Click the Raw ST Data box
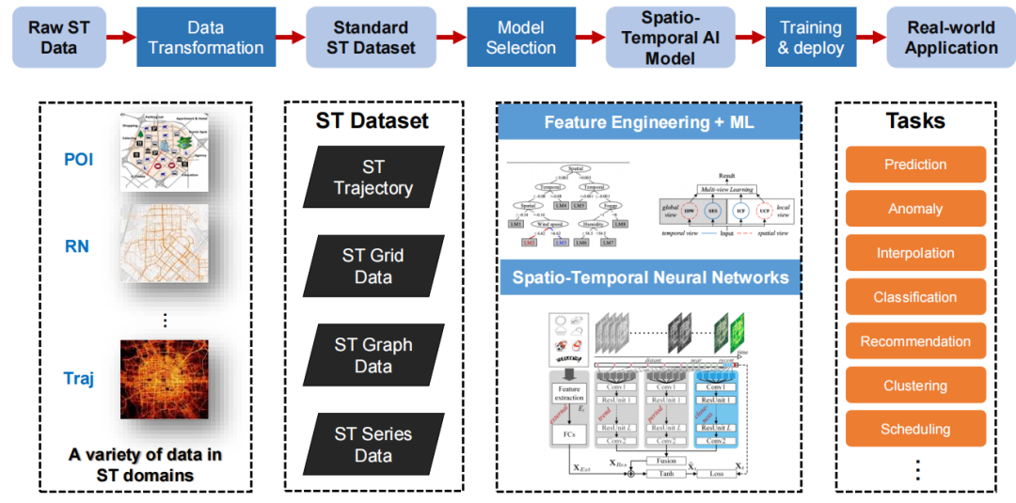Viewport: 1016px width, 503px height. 58,38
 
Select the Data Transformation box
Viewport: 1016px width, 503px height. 206,38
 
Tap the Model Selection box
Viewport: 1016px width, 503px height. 520,38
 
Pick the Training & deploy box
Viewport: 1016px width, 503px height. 811,38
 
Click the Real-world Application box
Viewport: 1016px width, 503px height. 950,38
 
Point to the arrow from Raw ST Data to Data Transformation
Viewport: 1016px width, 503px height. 120,38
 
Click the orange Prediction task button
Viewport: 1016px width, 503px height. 915,165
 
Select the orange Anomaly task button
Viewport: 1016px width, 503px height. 915,209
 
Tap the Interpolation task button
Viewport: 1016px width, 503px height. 915,253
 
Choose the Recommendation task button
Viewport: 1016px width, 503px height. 915,341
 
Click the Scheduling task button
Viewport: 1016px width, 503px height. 915,430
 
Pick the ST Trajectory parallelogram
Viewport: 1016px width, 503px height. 373,178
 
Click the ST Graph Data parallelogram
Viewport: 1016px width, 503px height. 373,355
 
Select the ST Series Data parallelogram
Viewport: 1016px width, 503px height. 373,445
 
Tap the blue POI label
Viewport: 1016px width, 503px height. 79,159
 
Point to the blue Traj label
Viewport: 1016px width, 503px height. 79,379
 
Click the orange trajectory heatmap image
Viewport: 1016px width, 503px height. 164,379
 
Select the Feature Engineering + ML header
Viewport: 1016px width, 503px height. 649,122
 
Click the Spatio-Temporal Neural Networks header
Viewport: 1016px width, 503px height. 649,278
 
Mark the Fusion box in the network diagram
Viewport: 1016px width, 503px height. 665,461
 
